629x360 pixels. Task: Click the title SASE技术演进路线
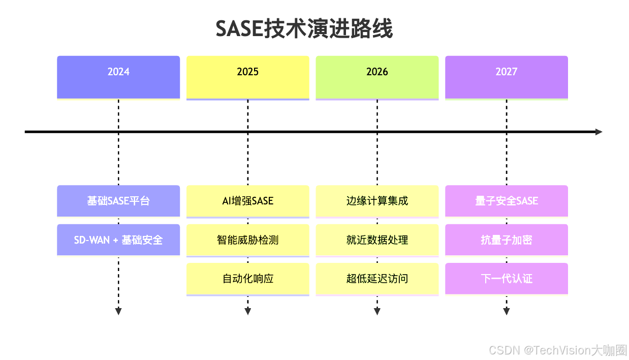304,29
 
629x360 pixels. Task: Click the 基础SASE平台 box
118,201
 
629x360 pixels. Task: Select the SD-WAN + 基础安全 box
118,239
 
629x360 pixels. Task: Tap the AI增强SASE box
248,201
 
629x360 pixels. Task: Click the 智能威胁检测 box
248,239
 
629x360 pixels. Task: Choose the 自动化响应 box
248,279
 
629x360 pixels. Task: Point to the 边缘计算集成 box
377,201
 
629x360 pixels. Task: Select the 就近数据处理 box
377,239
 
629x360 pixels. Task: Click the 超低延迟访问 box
377,279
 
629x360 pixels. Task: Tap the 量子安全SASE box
507,201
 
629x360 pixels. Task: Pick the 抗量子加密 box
507,239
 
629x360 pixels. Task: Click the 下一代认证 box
507,279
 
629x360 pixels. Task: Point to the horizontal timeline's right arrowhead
599,132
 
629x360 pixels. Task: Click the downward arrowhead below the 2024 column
118,311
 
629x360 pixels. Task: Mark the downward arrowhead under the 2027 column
507,311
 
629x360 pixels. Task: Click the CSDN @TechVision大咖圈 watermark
557,350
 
